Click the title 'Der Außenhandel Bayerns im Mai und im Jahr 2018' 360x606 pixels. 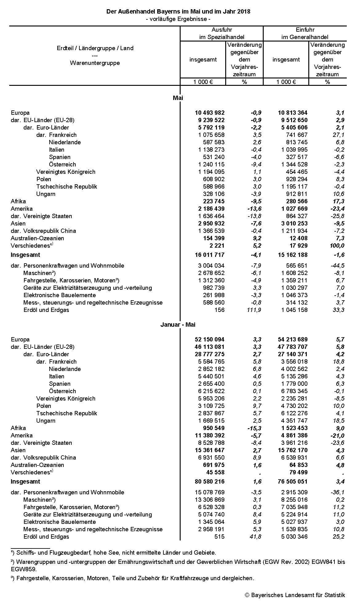tap(178, 11)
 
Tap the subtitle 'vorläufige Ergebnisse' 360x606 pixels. tap(178, 19)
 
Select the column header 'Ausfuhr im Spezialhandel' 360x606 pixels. tap(222, 34)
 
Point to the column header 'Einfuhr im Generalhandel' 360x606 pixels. tap(305, 34)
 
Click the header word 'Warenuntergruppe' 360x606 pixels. tap(95, 63)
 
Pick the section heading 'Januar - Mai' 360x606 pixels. tap(178, 325)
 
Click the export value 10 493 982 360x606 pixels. tap(210, 113)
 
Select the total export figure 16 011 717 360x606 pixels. tap(210, 255)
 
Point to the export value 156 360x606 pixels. tap(220, 310)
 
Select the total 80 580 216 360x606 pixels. tap(210, 482)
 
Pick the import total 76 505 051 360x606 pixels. tap(293, 482)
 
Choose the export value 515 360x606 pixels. tap(220, 537)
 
